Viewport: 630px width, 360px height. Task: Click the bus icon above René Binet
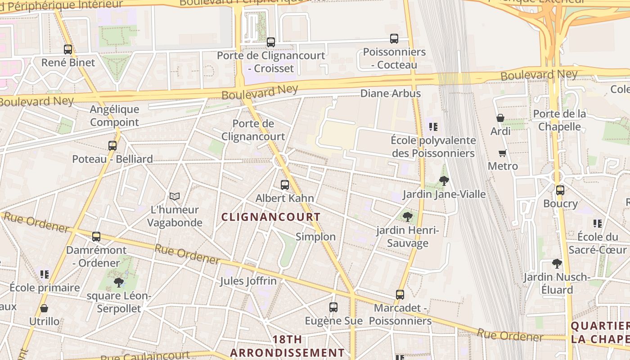[68, 49]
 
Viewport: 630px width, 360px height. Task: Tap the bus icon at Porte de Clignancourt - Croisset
[270, 42]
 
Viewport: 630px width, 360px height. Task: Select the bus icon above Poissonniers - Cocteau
[394, 39]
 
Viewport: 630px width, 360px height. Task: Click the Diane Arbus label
[391, 94]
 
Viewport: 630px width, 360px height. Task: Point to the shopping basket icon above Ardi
[500, 118]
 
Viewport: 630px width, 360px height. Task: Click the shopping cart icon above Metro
[503, 153]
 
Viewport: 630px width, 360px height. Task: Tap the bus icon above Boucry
[560, 190]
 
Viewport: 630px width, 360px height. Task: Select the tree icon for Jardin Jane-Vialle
[444, 181]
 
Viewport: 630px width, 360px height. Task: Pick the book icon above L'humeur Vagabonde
[175, 197]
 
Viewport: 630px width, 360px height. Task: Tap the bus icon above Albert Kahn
[284, 185]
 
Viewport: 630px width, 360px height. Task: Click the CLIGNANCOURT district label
[271, 217]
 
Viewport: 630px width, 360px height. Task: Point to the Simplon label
[315, 237]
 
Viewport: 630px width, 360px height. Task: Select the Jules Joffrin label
[248, 281]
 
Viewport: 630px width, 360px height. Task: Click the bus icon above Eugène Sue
[333, 307]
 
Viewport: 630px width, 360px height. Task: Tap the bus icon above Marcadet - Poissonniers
[400, 295]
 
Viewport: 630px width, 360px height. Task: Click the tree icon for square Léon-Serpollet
[119, 283]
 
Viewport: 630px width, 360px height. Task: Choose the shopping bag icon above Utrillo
[44, 308]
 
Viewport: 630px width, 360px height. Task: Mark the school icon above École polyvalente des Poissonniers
[433, 127]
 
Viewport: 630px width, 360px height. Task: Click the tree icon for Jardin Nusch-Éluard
[557, 264]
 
